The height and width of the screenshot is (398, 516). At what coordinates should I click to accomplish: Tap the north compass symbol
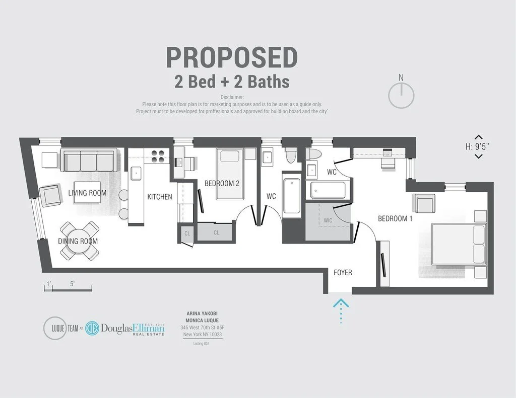pos(401,94)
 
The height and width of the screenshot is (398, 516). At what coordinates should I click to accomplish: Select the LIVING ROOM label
pos(88,193)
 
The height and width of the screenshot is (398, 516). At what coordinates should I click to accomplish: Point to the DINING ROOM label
pos(78,241)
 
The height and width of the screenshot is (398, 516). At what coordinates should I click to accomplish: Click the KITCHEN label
pos(160,197)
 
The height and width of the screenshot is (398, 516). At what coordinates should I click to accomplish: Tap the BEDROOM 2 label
pos(222,184)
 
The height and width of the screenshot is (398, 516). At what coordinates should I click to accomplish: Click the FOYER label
pos(343,273)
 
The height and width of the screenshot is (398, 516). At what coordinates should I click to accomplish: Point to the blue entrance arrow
pos(341,309)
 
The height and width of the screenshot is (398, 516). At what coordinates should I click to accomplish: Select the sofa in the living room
pos(88,161)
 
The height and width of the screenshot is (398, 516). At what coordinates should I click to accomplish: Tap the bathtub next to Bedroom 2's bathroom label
pos(290,197)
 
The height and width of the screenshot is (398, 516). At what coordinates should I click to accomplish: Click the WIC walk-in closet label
pos(328,220)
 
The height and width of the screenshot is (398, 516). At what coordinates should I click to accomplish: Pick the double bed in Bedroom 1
pos(459,244)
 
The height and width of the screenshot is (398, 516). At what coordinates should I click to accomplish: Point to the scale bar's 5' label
pos(73,284)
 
